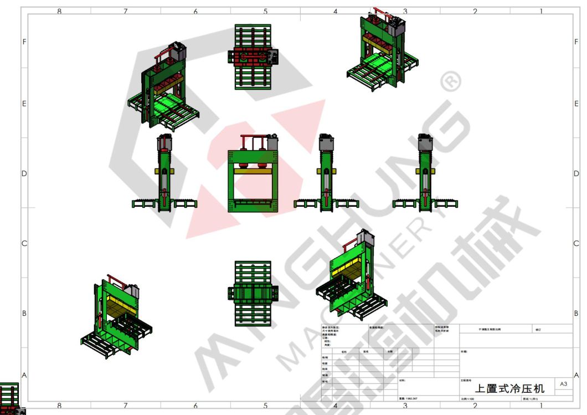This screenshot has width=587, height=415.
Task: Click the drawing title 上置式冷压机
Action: click(509, 389)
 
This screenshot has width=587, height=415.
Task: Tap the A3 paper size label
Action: click(563, 383)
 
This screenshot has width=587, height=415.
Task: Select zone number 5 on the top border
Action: click(265, 11)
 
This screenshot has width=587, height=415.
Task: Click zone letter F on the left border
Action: click(24, 42)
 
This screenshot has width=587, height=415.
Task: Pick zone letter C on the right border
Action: click(576, 244)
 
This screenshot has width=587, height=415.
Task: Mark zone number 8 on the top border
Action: click(59, 11)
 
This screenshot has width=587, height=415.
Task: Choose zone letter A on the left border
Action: click(24, 375)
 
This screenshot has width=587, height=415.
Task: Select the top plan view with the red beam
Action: click(253, 57)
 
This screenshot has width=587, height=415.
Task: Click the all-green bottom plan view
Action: click(253, 293)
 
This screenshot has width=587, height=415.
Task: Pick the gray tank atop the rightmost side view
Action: click(425, 143)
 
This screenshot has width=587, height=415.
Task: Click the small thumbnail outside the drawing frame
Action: click(12, 398)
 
